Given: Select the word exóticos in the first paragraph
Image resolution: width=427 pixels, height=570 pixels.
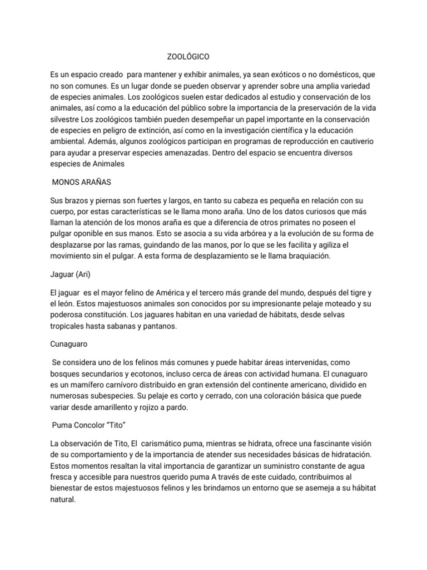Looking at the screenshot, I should (x=294, y=75).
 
